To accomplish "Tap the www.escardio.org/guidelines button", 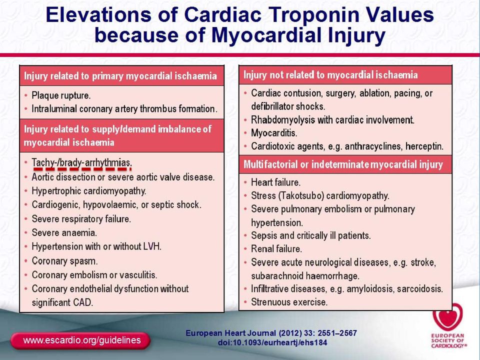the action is pyautogui.click(x=80, y=340).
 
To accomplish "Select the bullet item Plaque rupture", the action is pyautogui.click(x=61, y=95).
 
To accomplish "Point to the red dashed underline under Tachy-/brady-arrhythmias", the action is pyautogui.click(x=82, y=168).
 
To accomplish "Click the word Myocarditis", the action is pyautogui.click(x=274, y=133).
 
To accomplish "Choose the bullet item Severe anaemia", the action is pyautogui.click(x=64, y=232).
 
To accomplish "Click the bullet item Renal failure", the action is pyautogui.click(x=276, y=249).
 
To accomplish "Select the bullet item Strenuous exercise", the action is pyautogui.click(x=289, y=302).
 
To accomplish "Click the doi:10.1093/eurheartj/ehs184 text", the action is pyautogui.click(x=272, y=342).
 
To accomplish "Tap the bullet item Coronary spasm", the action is pyautogui.click(x=64, y=261).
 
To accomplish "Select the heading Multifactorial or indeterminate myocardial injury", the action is pyautogui.click(x=343, y=164).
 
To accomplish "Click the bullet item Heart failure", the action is pyautogui.click(x=276, y=182).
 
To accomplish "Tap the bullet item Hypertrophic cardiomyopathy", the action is pyautogui.click(x=89, y=191).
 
